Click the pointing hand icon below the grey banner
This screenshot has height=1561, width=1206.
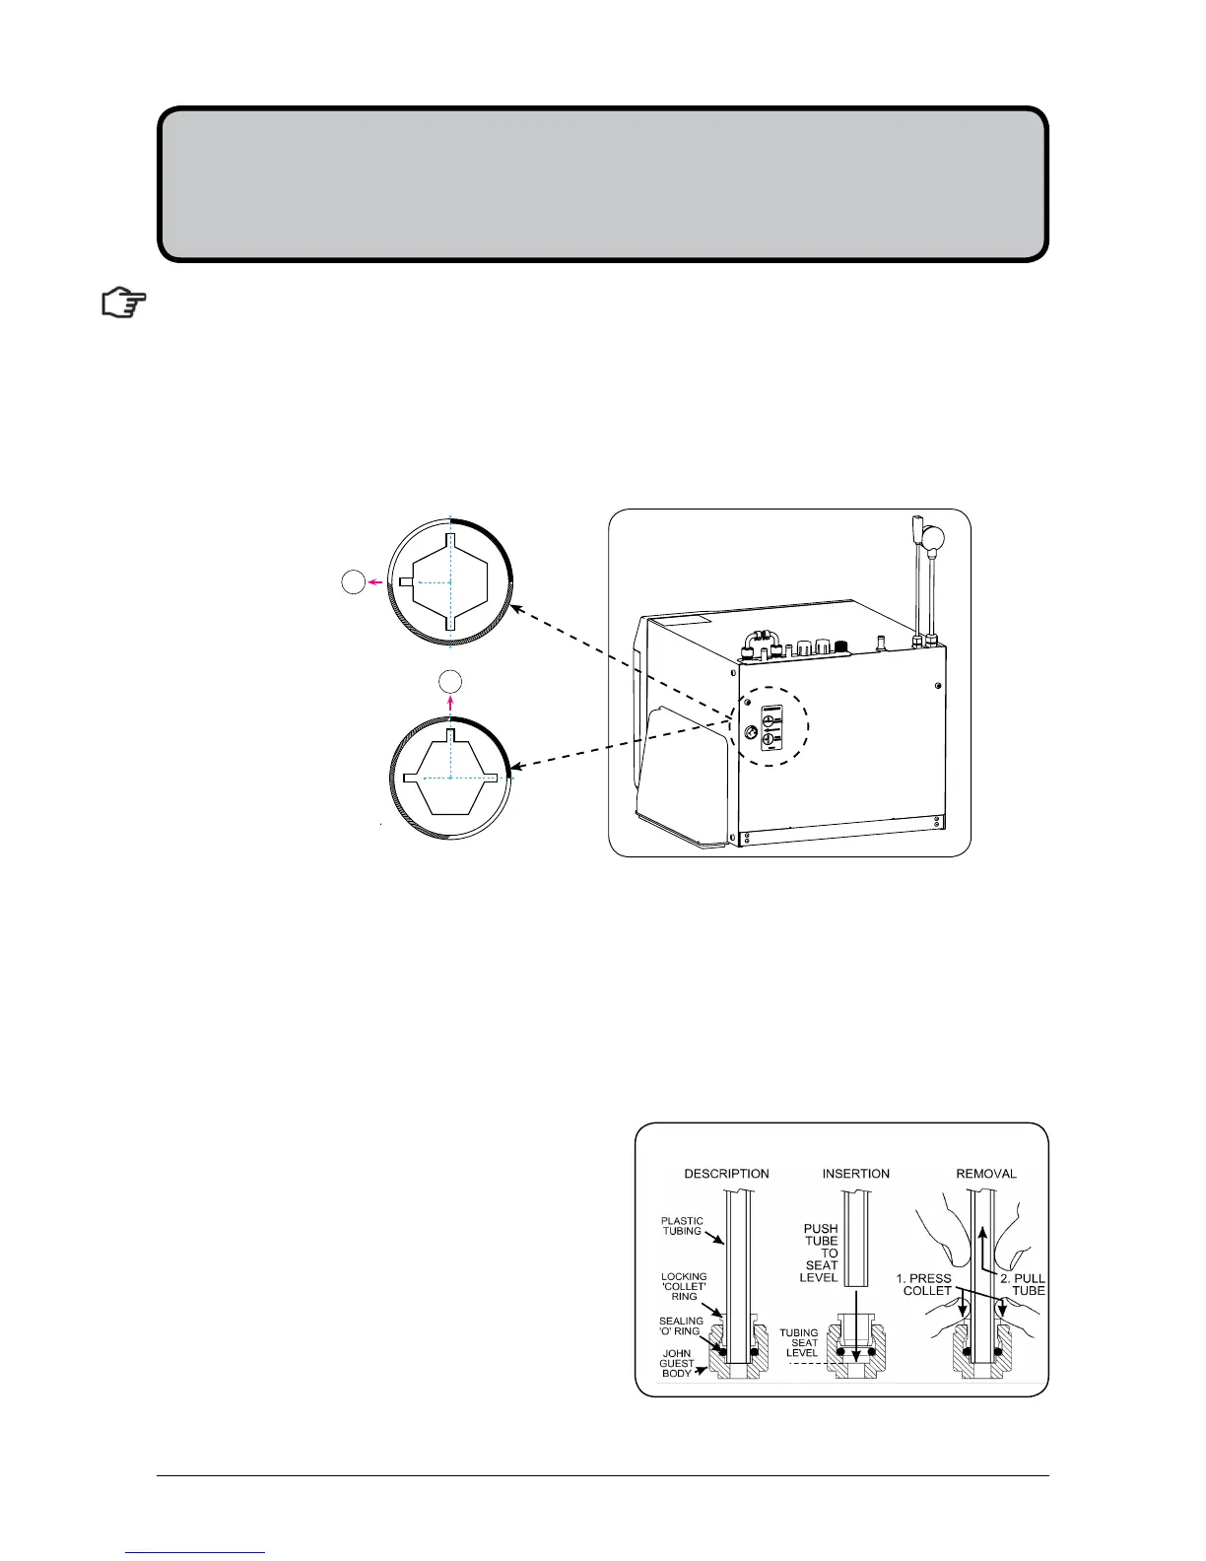pos(124,304)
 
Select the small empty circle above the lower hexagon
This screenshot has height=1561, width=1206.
pos(449,679)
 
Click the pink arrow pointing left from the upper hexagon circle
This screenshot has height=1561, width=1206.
pos(375,582)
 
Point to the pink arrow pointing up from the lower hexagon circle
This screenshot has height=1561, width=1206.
pos(449,702)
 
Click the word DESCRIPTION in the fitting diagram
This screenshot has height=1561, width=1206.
pos(727,1174)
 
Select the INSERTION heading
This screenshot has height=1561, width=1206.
pos(856,1174)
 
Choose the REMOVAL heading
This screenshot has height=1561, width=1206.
pos(986,1174)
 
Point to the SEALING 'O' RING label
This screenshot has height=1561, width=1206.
pos(681,1326)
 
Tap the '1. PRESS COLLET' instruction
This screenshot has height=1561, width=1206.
pos(923,1284)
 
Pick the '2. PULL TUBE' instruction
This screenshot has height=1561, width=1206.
pos(1022,1284)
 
